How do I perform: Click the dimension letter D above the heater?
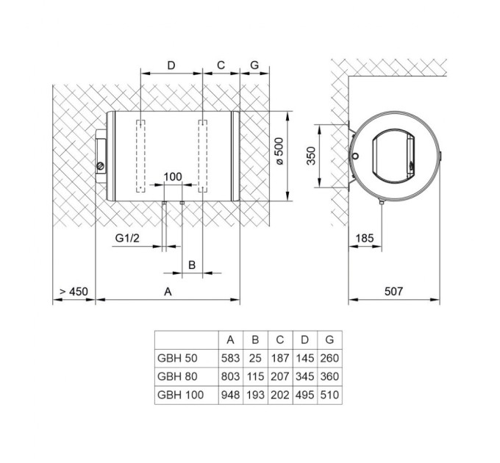click(x=171, y=65)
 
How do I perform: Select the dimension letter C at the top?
click(x=220, y=65)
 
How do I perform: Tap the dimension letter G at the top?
click(x=254, y=65)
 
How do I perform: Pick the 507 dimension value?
click(x=394, y=291)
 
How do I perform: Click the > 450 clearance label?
click(x=74, y=292)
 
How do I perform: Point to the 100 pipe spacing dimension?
click(x=172, y=177)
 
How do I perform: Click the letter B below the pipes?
click(x=192, y=263)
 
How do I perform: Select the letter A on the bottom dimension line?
click(x=168, y=292)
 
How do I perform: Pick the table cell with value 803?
click(x=230, y=376)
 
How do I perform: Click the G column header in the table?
click(x=329, y=340)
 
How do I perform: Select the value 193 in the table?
click(x=255, y=395)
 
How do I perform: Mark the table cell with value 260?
click(x=329, y=358)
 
